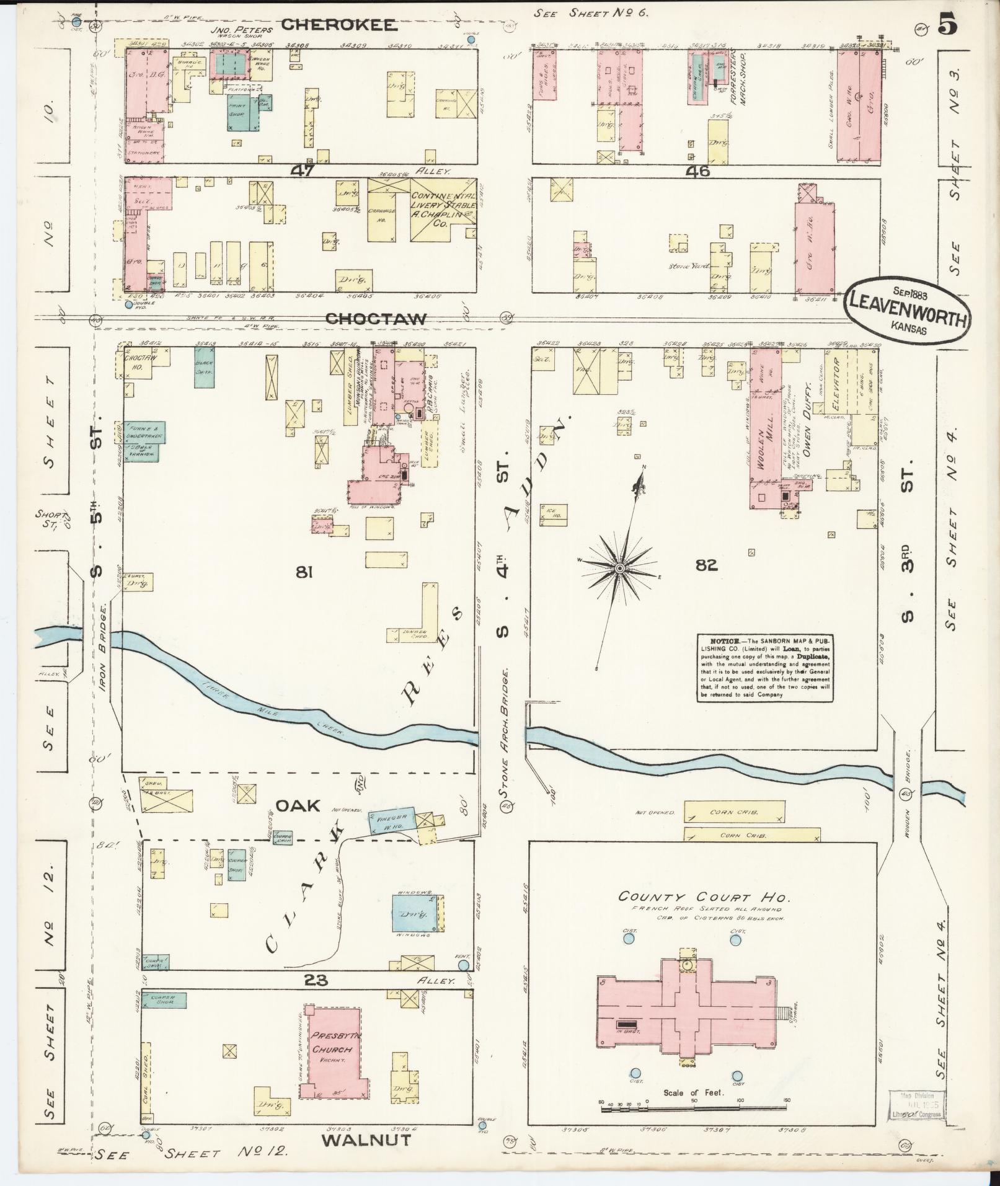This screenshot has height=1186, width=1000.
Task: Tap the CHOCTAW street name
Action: (376, 319)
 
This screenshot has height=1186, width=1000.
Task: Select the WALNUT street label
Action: (366, 1140)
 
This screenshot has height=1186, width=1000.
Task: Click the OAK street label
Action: (298, 805)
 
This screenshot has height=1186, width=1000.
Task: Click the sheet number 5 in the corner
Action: (947, 25)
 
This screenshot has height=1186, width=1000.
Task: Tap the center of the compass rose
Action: (619, 568)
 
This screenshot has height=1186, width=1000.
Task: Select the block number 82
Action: (706, 565)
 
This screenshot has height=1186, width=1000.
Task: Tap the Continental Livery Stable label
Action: (443, 205)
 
